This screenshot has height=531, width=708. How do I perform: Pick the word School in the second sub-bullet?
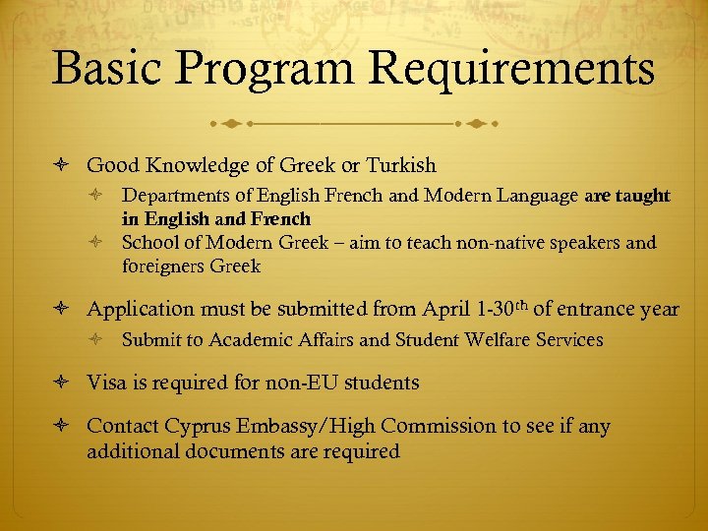[147, 243]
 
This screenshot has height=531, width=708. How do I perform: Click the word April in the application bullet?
[447, 309]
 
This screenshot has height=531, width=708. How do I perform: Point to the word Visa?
[108, 383]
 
